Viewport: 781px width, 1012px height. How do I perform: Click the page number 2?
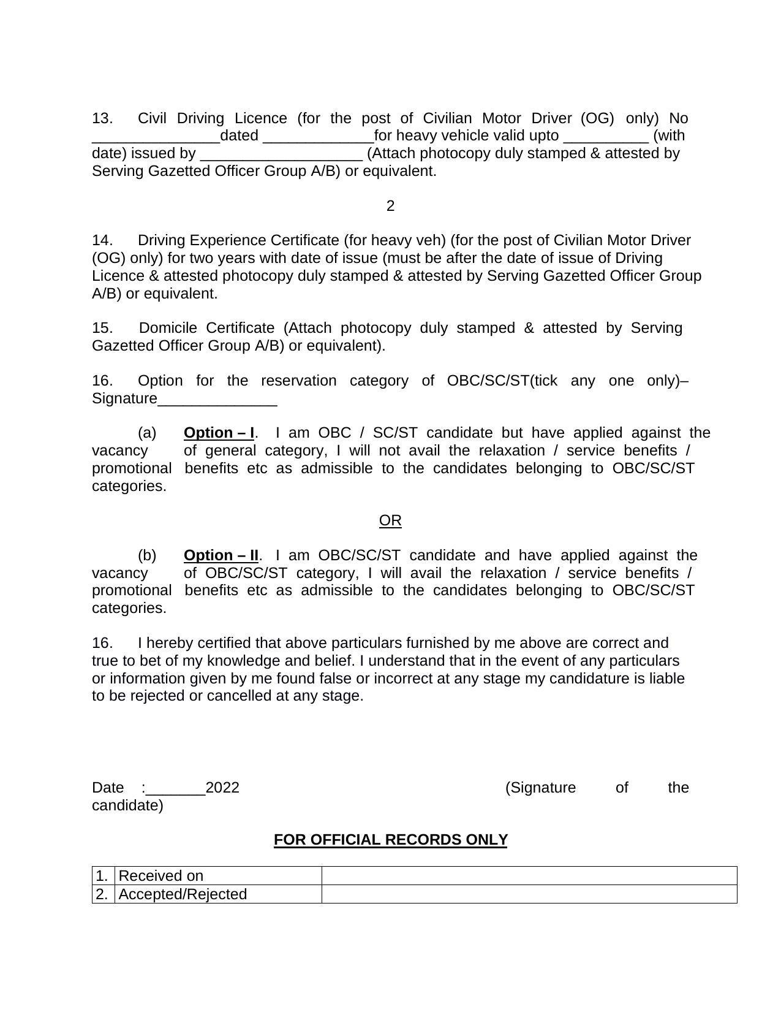pos(390,207)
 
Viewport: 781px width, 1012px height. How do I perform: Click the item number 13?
pos(102,118)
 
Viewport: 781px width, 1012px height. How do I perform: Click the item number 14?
pos(102,240)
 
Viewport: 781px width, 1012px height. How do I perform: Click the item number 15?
pos(102,328)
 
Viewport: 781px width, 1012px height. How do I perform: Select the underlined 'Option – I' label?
pos(219,433)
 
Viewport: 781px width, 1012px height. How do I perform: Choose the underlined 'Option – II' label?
pos(221,555)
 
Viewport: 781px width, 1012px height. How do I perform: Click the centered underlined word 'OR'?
pos(390,520)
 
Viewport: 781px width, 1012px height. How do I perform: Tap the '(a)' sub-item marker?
pos(147,433)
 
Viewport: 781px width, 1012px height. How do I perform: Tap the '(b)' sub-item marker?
pos(147,555)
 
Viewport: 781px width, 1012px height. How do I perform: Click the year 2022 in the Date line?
pos(222,788)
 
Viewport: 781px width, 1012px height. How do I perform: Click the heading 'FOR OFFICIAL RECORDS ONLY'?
pos(390,840)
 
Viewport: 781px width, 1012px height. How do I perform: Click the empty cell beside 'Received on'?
pos(529,876)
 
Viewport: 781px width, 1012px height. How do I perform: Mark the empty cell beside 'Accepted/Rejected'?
pos(529,894)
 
